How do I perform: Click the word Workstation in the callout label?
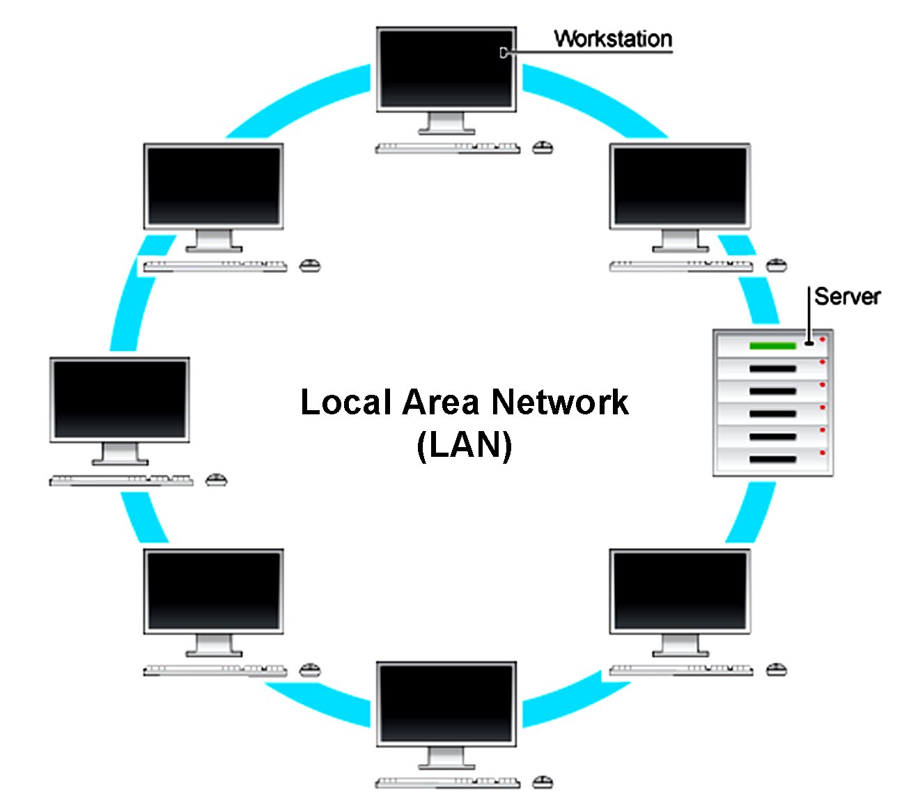coord(613,39)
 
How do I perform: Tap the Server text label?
coord(847,297)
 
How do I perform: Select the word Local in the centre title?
coord(345,402)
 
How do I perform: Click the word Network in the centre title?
coord(560,402)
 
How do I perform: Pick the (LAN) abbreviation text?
coord(465,446)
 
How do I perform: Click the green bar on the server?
coord(772,346)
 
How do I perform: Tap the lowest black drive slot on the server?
coord(772,460)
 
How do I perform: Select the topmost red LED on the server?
coord(823,340)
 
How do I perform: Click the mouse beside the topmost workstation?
coord(543,148)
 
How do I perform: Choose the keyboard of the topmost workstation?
coord(447,148)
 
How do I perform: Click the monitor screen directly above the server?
coord(680,186)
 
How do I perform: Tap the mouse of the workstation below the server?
coord(777,670)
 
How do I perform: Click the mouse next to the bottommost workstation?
coord(543,782)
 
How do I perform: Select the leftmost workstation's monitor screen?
coord(120,399)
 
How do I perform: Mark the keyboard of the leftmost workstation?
coord(121,480)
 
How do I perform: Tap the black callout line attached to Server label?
coord(809,313)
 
